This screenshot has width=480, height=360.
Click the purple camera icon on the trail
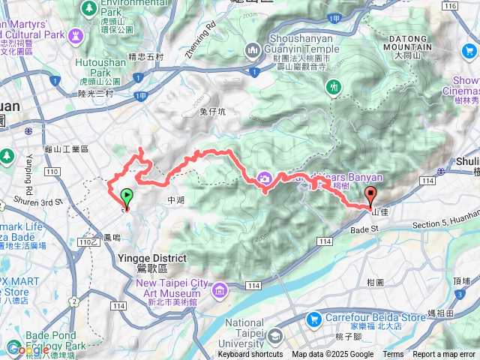(x=264, y=178)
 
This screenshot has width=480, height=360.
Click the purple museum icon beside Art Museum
(x=220, y=289)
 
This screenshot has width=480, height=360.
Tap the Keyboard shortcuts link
(x=250, y=355)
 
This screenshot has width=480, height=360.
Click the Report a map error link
(x=443, y=355)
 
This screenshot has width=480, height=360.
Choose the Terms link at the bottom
(x=393, y=355)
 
